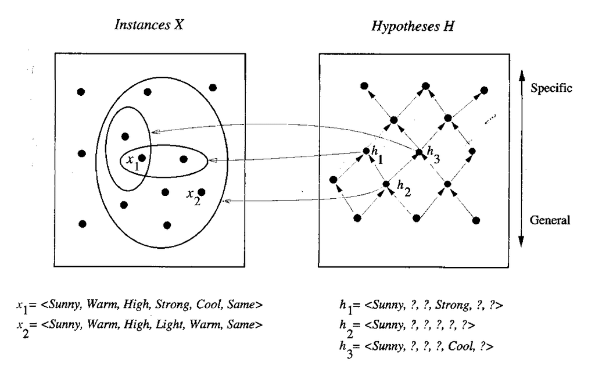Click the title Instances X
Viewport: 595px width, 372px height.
[x=149, y=24]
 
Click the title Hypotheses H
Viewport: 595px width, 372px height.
[x=413, y=26]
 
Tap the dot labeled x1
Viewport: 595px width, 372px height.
[x=142, y=158]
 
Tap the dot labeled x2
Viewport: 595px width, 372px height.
[x=201, y=192]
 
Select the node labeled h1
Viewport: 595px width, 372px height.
[x=366, y=151]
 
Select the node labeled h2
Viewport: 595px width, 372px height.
[x=386, y=184]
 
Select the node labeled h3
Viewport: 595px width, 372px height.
[x=419, y=153]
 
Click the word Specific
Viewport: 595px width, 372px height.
[x=551, y=88]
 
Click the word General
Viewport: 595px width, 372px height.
[x=550, y=220]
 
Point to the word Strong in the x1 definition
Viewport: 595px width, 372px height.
[x=173, y=305]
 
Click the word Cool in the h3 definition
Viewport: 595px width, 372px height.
[x=461, y=346]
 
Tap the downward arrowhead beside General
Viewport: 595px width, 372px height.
[x=521, y=241]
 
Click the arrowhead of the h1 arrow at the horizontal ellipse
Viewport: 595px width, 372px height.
[x=213, y=160]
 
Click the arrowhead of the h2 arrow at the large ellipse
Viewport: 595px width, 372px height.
[x=227, y=201]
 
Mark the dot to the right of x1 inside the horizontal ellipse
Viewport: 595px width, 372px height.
[x=183, y=159]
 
